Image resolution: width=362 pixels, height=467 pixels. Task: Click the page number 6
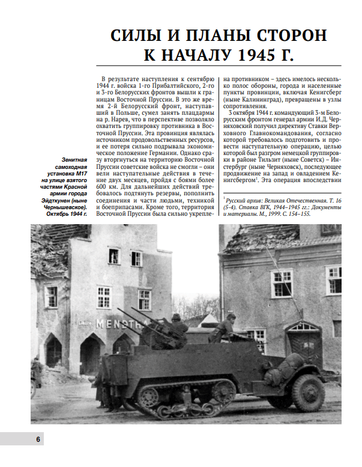(x=37, y=439)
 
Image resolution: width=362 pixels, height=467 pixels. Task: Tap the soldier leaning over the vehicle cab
(x=223, y=329)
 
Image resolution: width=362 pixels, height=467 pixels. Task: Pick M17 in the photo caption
(x=79, y=175)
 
